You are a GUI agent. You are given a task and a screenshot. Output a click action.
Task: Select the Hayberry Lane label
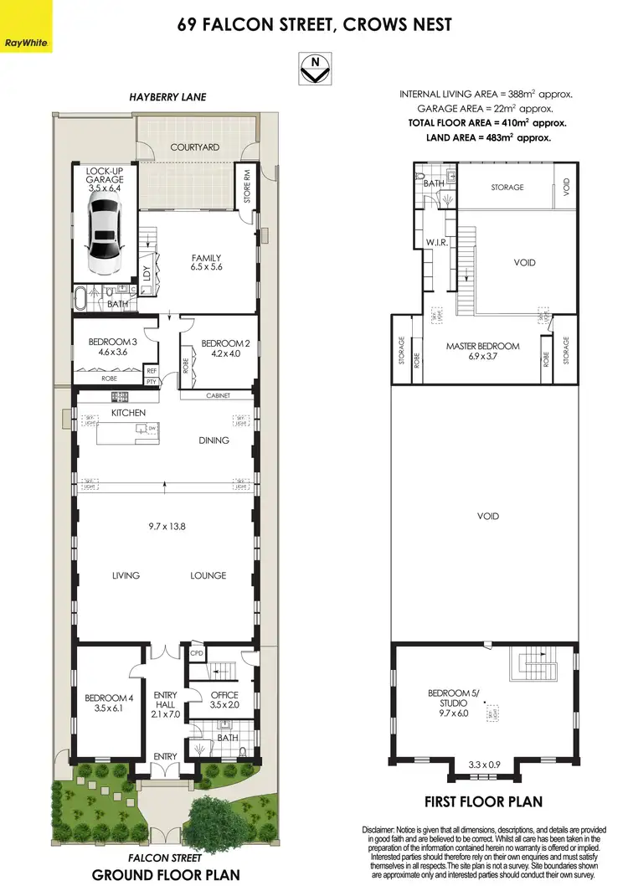pyautogui.click(x=167, y=97)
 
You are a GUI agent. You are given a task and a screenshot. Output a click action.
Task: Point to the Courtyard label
pyautogui.click(x=194, y=147)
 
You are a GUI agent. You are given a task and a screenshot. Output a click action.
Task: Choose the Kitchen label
pyautogui.click(x=128, y=413)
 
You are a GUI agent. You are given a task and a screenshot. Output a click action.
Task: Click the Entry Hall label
pyautogui.click(x=165, y=700)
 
